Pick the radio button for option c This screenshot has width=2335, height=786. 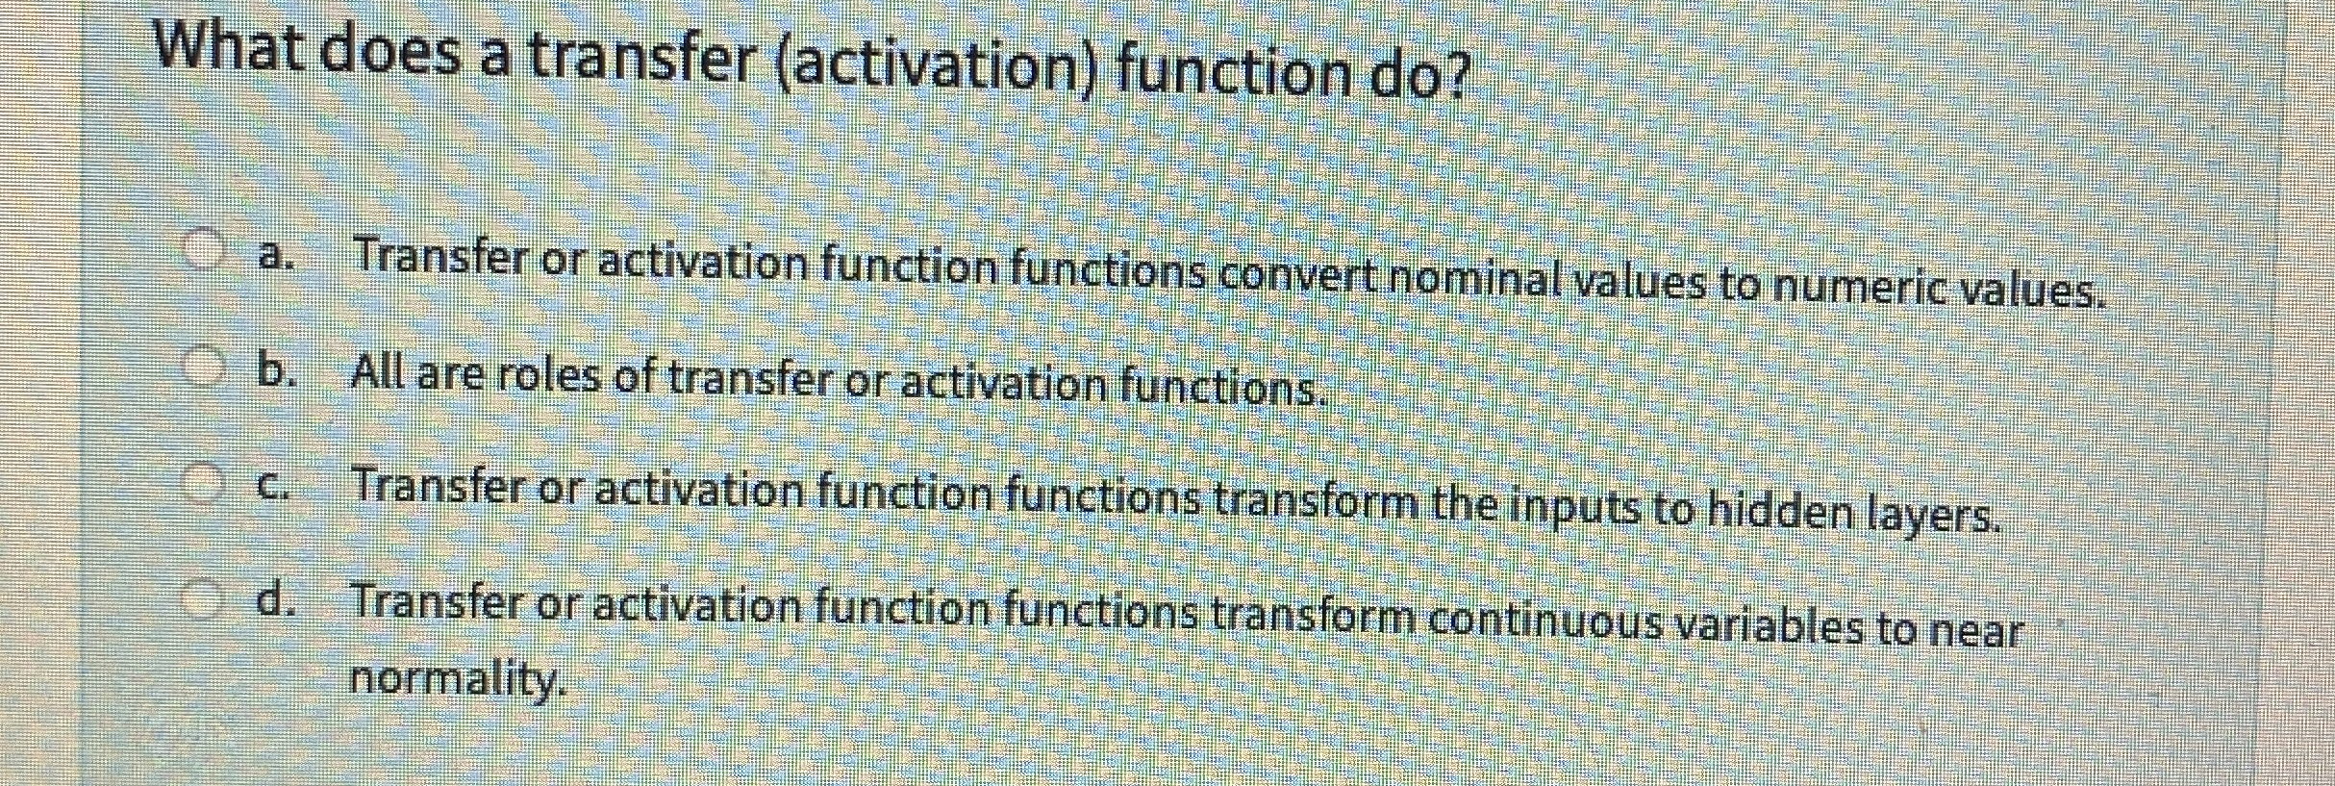203,480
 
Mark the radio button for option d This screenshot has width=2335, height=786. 203,597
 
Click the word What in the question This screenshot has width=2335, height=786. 231,45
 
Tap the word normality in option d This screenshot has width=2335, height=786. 454,679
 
